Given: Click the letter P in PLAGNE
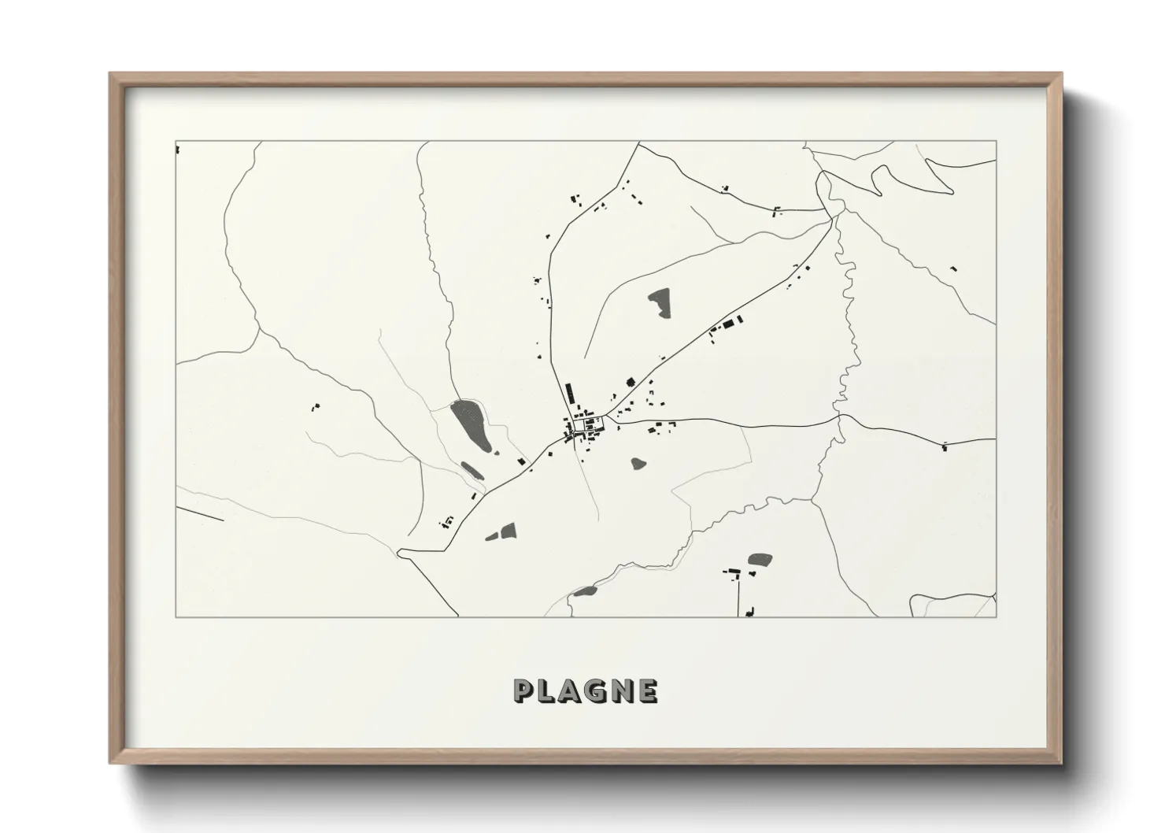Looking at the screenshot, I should click(x=523, y=691).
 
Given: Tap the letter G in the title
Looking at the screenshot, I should click(x=595, y=691).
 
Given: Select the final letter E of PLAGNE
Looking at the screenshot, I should click(x=648, y=691).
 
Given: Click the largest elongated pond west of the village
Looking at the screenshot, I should click(x=470, y=425).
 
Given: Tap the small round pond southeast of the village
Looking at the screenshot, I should click(x=638, y=464).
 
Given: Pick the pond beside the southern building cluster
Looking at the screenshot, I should click(x=760, y=560).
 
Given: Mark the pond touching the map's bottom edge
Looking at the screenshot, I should click(x=585, y=591).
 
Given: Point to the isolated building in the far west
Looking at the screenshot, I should click(x=316, y=407).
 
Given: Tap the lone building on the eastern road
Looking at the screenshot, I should click(x=944, y=447).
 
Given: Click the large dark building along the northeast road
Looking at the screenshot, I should click(x=728, y=324).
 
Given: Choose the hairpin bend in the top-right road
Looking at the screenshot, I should click(x=875, y=187).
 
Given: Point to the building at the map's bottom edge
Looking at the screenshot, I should click(x=750, y=611).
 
